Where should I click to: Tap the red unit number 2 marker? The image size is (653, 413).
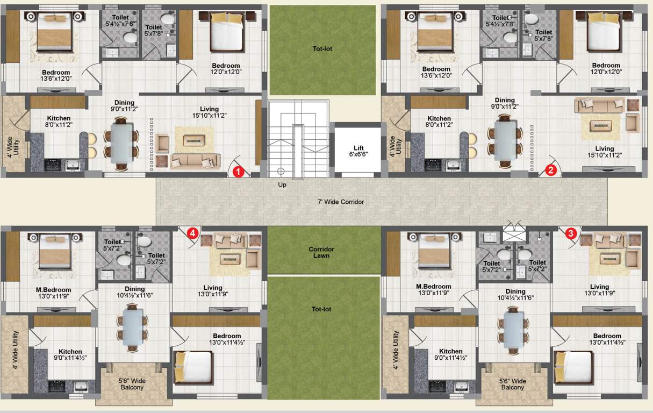550,170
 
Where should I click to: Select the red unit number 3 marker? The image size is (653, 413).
571,233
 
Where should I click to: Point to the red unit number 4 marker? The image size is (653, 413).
192,233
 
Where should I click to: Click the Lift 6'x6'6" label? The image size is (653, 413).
358,151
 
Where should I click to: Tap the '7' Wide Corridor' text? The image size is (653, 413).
341,202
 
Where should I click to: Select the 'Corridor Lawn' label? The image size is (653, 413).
321,253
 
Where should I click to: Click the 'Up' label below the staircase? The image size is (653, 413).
282,185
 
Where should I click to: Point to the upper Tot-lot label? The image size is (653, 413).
322,49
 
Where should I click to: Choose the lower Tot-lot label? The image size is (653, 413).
321,309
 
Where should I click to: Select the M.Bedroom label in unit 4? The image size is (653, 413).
54,293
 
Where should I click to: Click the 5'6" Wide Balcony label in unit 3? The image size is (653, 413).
513,384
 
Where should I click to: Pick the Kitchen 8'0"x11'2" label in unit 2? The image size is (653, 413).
439,122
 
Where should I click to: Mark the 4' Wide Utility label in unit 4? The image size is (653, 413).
16,350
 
